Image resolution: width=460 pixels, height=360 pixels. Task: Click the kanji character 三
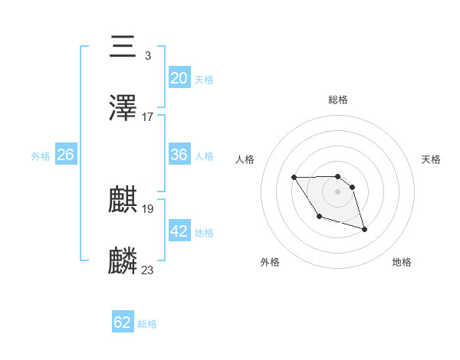pos(123,47)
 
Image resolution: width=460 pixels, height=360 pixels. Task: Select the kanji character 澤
pos(123,109)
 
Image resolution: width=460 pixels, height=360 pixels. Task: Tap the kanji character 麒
pos(123,201)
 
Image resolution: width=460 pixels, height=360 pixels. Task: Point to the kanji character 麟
pos(123,261)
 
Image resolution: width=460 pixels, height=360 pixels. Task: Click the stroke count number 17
pos(148,117)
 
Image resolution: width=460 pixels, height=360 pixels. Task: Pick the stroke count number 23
pos(148,270)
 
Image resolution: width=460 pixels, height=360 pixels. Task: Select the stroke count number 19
pos(148,208)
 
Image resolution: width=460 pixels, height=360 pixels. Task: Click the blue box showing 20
pos(179,77)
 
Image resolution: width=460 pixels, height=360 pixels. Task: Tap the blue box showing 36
pos(179,155)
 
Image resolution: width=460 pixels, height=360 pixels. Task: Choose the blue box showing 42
pos(179,231)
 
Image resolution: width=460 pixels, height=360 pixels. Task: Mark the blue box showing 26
pos(65,155)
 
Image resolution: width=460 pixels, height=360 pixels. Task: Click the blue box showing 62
pos(123,322)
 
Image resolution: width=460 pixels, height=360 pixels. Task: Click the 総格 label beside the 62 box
pos(147,324)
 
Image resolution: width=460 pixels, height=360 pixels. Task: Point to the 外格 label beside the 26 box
pos(41,156)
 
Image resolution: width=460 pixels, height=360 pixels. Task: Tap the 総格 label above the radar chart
pos(337,100)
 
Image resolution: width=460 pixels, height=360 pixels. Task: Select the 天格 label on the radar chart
pos(432,159)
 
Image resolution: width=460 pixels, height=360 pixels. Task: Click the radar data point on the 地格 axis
pos(364,230)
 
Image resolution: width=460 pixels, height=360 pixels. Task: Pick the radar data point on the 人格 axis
pos(294,178)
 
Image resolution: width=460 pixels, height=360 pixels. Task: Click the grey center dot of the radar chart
pos(337,191)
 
